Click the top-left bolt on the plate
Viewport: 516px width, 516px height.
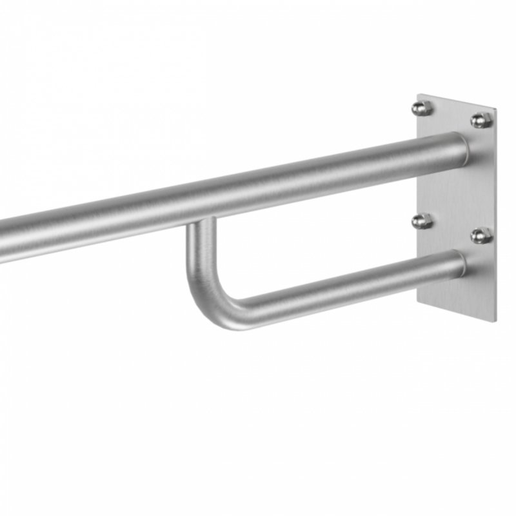[422, 107]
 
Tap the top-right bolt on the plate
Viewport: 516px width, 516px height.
[480, 120]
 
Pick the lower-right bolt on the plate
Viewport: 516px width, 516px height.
[481, 235]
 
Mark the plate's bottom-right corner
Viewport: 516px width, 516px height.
[495, 321]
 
